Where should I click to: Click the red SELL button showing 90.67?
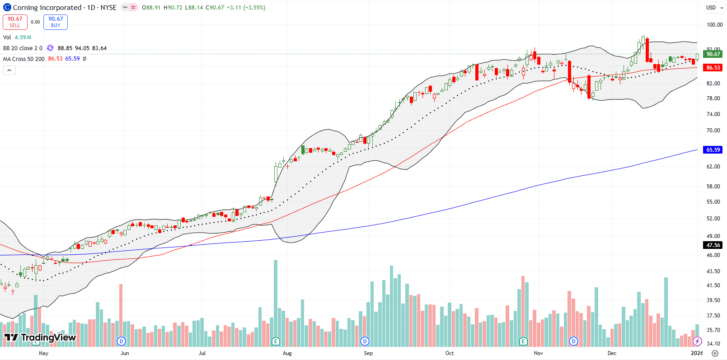tap(15, 22)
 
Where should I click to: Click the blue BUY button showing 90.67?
tap(56, 22)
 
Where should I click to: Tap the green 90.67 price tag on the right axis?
tap(713, 54)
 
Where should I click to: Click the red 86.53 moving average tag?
tap(713, 68)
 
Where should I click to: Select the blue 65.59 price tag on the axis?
tap(713, 150)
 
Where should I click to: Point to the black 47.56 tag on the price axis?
tap(713, 245)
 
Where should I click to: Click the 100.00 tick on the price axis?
tap(714, 25)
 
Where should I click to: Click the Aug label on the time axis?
tap(287, 353)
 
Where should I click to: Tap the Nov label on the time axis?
tap(538, 353)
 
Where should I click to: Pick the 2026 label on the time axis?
tap(697, 353)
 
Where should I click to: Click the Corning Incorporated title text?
tap(47, 8)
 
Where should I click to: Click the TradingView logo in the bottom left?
tap(40, 337)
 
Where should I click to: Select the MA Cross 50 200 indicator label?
tap(24, 59)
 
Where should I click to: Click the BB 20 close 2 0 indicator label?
tap(23, 48)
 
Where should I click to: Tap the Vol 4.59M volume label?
tap(17, 37)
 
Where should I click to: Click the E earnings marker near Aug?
tap(276, 341)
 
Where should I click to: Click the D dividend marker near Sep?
tap(365, 341)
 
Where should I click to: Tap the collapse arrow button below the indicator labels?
tap(9, 70)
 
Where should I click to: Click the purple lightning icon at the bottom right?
tap(697, 341)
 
